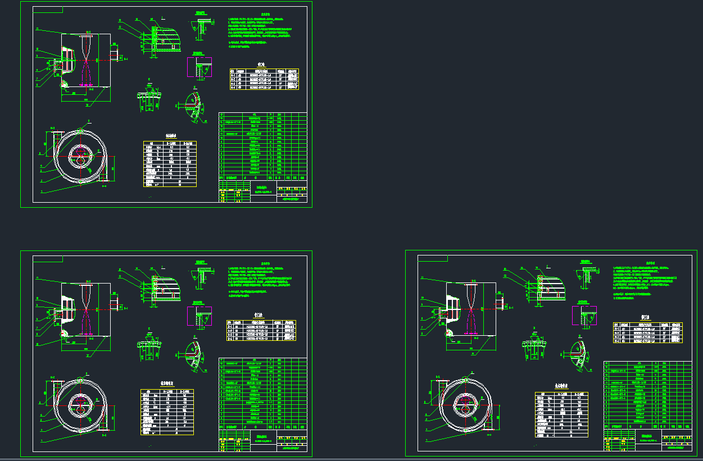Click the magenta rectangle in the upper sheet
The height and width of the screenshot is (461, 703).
199,67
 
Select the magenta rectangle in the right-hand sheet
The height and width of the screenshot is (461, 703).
584,316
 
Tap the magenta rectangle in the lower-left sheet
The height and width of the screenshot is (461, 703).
199,316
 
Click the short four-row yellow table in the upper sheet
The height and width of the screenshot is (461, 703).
264,79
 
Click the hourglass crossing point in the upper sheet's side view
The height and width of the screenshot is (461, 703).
85,58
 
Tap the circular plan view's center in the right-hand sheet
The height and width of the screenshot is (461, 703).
465,404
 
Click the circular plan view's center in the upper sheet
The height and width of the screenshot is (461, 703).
80,157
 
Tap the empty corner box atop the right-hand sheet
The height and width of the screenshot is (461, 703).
433,258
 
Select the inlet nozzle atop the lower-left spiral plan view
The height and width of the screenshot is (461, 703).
57,388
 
